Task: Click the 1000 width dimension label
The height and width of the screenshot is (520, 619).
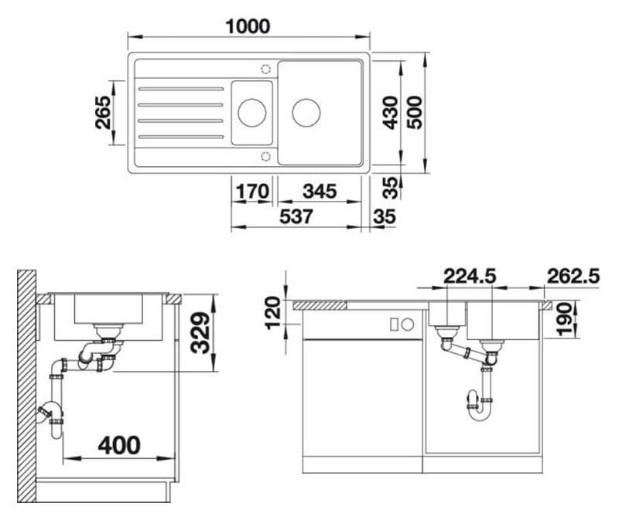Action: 248,26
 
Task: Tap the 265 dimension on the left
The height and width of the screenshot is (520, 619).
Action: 104,112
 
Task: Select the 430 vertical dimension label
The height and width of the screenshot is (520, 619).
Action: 391,112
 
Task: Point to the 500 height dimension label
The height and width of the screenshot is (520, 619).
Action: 415,112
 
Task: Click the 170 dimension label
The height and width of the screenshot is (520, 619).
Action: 252,192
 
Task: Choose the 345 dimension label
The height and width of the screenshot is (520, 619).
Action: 320,192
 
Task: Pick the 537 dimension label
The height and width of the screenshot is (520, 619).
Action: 296,216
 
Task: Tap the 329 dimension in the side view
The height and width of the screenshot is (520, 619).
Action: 200,332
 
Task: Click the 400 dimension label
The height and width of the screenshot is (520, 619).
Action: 119,445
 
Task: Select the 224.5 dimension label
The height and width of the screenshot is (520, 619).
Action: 470,276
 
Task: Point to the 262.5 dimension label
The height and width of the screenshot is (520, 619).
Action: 573,276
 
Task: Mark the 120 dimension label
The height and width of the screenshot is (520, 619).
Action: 273,314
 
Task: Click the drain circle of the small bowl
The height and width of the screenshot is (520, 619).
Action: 252,113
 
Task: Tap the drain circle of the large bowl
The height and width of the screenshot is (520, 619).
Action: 306,113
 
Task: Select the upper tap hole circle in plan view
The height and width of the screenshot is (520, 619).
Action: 265,69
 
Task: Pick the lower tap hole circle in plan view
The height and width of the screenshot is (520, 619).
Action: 265,156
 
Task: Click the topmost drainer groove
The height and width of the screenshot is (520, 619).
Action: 181,89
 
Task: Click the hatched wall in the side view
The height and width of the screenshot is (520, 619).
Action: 26,386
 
